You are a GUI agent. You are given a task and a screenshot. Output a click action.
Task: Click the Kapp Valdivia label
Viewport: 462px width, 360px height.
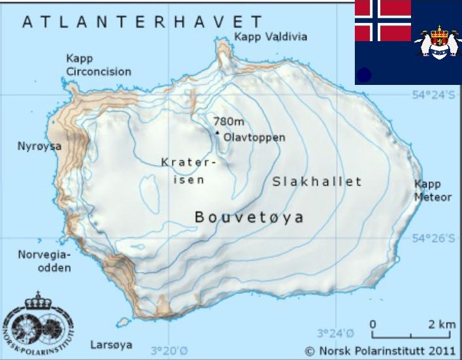tap(270, 37)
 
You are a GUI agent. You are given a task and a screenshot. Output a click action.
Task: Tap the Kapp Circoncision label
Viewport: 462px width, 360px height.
tap(98, 65)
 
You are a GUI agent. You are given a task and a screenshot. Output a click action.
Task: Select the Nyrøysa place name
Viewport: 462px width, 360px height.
tap(39, 146)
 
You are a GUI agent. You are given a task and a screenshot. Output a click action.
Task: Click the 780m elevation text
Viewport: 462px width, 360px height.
tap(229, 122)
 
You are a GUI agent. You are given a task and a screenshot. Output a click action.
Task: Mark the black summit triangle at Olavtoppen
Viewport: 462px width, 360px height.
tap(218, 133)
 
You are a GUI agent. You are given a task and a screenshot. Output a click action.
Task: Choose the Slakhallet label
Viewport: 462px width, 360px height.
tap(317, 182)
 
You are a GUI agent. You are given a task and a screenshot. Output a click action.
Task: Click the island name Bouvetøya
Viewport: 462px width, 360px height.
tap(250, 218)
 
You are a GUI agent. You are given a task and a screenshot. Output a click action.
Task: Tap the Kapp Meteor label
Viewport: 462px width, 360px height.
tap(433, 191)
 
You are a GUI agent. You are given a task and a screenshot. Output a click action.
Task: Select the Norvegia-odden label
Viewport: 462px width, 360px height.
tap(44, 261)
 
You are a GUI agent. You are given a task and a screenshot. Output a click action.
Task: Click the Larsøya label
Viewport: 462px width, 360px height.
tap(111, 344)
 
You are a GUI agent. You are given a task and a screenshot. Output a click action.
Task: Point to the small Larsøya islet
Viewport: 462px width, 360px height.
tap(123, 321)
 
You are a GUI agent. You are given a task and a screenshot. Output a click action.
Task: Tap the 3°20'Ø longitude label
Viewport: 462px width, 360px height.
tap(169, 350)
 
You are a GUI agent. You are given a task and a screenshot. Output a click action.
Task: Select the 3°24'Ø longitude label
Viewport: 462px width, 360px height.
tap(335, 333)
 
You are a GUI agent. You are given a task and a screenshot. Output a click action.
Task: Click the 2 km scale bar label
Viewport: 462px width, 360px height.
tap(442, 324)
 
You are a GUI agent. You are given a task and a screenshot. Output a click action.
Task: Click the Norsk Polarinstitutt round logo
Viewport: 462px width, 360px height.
tap(38, 323)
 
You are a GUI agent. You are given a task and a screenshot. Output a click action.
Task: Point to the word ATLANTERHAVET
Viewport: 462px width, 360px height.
tap(142, 22)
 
